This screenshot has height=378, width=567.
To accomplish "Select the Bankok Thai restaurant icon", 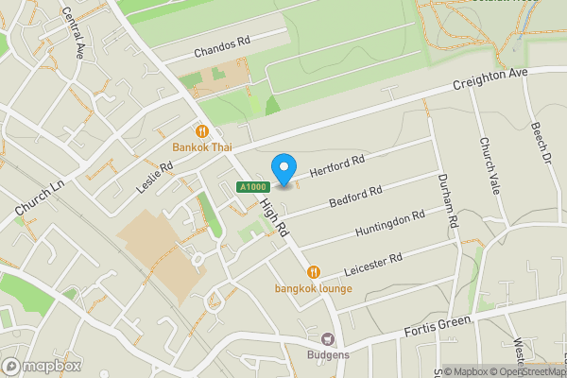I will (201, 131).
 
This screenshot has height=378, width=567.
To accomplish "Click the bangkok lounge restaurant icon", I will (313, 272).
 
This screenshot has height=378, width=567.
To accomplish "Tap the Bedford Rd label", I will (355, 198).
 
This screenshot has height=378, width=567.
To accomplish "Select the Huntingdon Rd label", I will (389, 225).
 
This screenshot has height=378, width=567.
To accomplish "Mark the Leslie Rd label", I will (155, 176).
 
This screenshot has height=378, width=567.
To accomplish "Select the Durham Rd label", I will (448, 201).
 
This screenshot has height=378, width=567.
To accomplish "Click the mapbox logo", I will (42, 366).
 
